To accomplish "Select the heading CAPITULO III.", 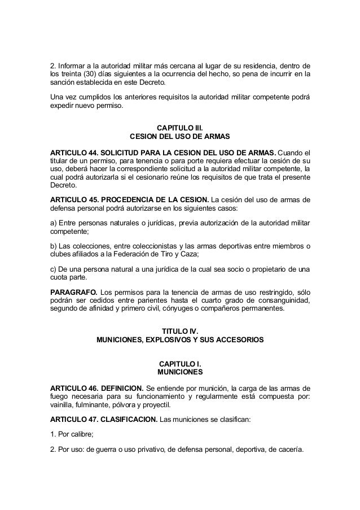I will tap(180, 128).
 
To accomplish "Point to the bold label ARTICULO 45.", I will tap(76, 200).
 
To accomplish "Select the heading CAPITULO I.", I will tap(180, 363).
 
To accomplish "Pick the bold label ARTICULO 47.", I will tap(76, 420).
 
